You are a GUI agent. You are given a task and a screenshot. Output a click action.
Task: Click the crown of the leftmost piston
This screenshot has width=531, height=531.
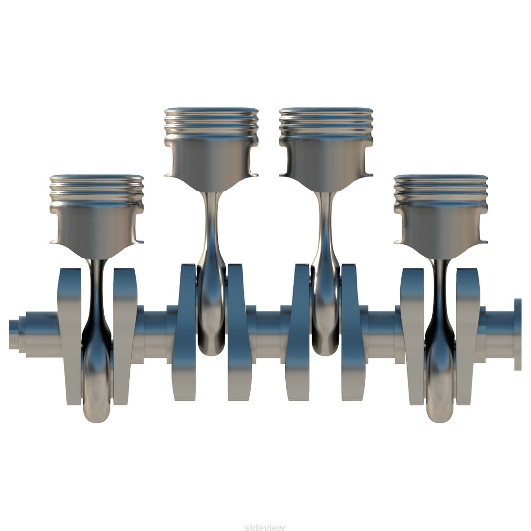click(x=96, y=177)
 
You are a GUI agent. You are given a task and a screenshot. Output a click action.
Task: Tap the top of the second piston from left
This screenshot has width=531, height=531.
click(x=211, y=110)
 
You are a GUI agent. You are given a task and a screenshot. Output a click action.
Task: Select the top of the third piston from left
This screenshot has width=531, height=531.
click(x=326, y=110)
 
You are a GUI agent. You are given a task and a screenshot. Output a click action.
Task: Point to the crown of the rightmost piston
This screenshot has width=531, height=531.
click(x=441, y=177)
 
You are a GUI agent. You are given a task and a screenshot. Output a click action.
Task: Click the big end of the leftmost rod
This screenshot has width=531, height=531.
click(x=96, y=388)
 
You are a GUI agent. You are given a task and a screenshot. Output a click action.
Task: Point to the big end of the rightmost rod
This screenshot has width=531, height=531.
click(x=440, y=388)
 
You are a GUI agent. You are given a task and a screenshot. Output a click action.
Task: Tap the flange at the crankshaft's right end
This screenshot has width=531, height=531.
click(x=517, y=334)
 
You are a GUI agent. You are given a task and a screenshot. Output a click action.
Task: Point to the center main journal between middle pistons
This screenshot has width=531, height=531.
click(x=268, y=334)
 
